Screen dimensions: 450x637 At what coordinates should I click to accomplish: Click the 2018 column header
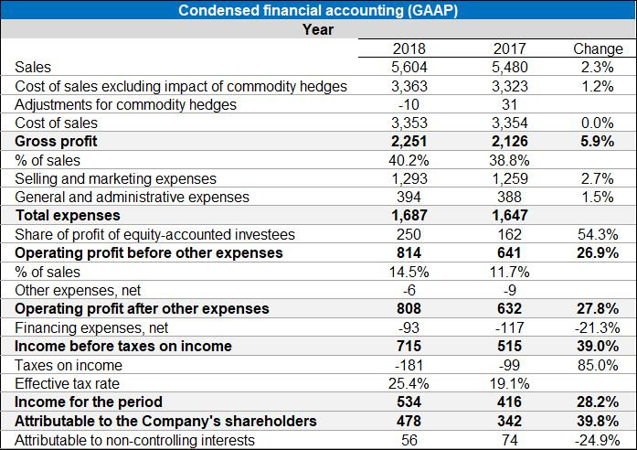click(409, 48)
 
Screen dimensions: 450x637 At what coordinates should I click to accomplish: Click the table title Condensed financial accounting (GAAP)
click(318, 10)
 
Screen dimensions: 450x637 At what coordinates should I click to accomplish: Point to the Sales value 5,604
click(409, 67)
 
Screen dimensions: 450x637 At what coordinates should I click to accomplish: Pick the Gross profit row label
click(56, 141)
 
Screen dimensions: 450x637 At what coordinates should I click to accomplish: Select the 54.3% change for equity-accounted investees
click(600, 234)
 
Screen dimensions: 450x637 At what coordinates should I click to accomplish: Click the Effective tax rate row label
click(67, 383)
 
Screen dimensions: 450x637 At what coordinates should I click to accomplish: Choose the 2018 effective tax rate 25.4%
click(409, 383)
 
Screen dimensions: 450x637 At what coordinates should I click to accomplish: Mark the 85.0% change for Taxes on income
click(600, 365)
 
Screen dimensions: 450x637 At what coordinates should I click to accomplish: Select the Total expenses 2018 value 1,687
click(409, 216)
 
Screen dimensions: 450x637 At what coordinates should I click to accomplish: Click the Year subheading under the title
click(318, 29)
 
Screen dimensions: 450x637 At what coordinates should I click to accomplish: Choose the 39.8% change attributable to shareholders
click(598, 421)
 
